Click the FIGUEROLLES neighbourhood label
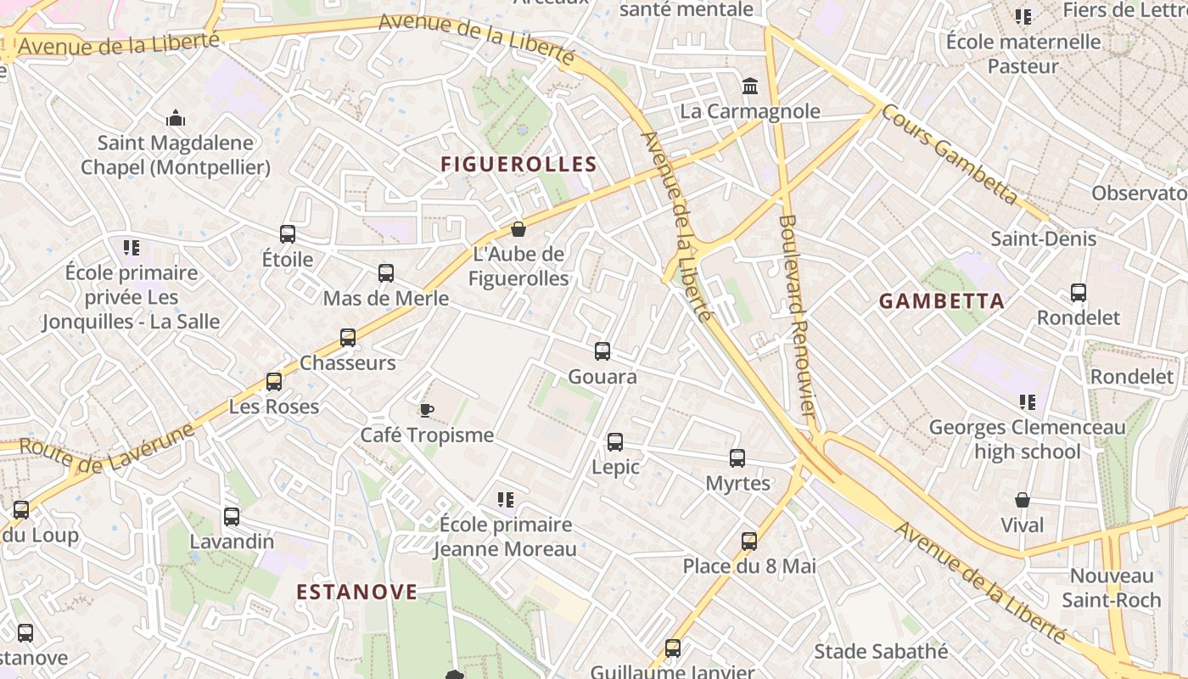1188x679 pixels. coord(518,165)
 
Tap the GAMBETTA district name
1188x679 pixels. coord(941,301)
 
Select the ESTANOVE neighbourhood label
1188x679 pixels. coord(356,592)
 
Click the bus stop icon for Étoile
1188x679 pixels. coord(288,234)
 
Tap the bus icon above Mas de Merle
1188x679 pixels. coord(386,273)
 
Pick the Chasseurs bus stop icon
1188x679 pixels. coord(348,338)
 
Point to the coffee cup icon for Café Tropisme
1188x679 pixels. coord(427,411)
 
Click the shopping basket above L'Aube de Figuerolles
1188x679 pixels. coord(518,229)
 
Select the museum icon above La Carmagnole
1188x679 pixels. coord(750,87)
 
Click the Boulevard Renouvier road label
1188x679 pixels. coord(797,315)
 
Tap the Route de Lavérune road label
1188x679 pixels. coord(106,450)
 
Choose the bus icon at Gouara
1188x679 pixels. coord(602,351)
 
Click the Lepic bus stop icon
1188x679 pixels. coord(615,442)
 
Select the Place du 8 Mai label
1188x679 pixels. coord(749,566)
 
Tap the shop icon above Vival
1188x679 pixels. coord(1023,501)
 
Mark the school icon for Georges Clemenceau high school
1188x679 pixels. coord(1027,402)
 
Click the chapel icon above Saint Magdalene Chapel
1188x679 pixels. coord(176,118)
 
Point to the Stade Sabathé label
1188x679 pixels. coord(881,652)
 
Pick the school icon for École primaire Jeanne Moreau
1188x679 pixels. coord(506,500)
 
